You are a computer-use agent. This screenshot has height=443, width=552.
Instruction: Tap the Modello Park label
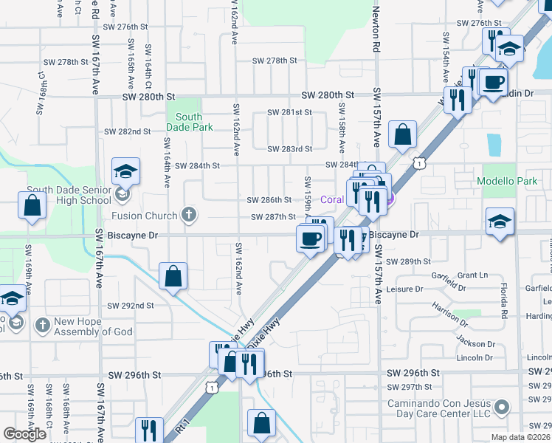point(507,181)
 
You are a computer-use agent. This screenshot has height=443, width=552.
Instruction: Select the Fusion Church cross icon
point(189,216)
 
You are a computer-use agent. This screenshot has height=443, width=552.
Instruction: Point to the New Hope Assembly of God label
point(93,326)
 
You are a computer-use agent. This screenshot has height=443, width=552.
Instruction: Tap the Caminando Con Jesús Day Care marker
point(502,407)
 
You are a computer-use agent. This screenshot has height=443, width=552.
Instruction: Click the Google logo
point(24,434)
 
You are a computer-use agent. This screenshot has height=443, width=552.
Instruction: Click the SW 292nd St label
point(131,305)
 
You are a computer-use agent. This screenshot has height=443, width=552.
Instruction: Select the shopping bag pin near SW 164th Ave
point(172,277)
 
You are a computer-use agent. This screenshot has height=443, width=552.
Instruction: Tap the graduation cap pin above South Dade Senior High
point(125,172)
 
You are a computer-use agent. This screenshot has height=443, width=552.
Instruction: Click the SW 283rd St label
point(290,149)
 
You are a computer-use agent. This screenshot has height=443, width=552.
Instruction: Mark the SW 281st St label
point(290,112)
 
